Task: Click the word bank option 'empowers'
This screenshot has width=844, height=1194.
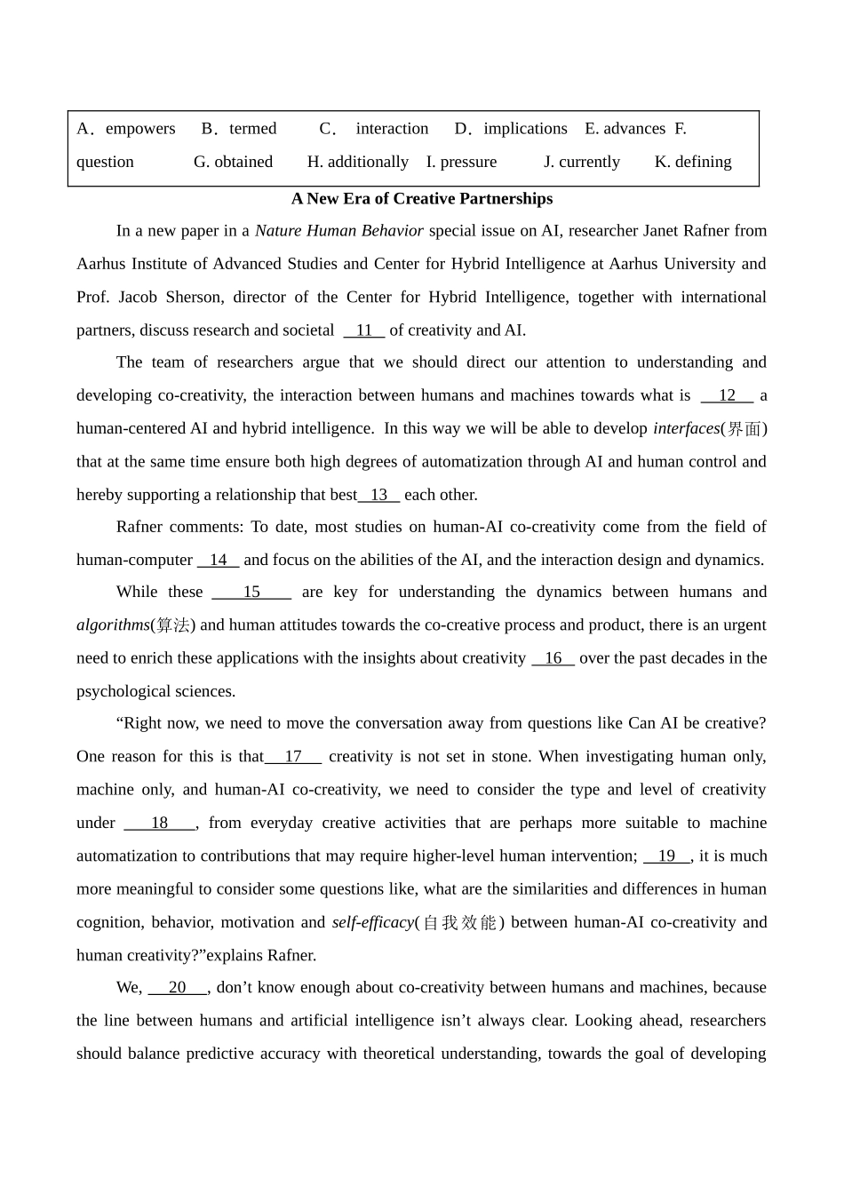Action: pyautogui.click(x=139, y=129)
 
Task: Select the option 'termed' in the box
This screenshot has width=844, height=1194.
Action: pyautogui.click(x=252, y=129)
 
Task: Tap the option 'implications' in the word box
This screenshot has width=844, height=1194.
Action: pyautogui.click(x=525, y=129)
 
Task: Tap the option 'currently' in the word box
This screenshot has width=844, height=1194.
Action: pyautogui.click(x=589, y=162)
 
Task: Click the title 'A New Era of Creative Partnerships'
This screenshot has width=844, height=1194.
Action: pyautogui.click(x=422, y=199)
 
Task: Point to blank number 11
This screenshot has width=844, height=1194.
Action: pyautogui.click(x=364, y=330)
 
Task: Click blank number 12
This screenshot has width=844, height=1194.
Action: pyautogui.click(x=727, y=395)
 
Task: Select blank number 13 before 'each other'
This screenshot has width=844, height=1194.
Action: pyautogui.click(x=379, y=495)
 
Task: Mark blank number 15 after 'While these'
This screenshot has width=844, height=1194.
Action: pyautogui.click(x=251, y=592)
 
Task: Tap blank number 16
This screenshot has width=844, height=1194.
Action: pyautogui.click(x=553, y=658)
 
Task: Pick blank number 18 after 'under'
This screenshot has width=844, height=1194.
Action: pyautogui.click(x=160, y=823)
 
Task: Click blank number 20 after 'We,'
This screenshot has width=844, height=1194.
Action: pyautogui.click(x=178, y=987)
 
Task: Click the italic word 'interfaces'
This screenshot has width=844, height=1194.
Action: pyautogui.click(x=686, y=428)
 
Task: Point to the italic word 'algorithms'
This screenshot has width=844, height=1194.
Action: pyautogui.click(x=113, y=625)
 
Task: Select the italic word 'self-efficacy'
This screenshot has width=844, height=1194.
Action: pyautogui.click(x=373, y=922)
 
